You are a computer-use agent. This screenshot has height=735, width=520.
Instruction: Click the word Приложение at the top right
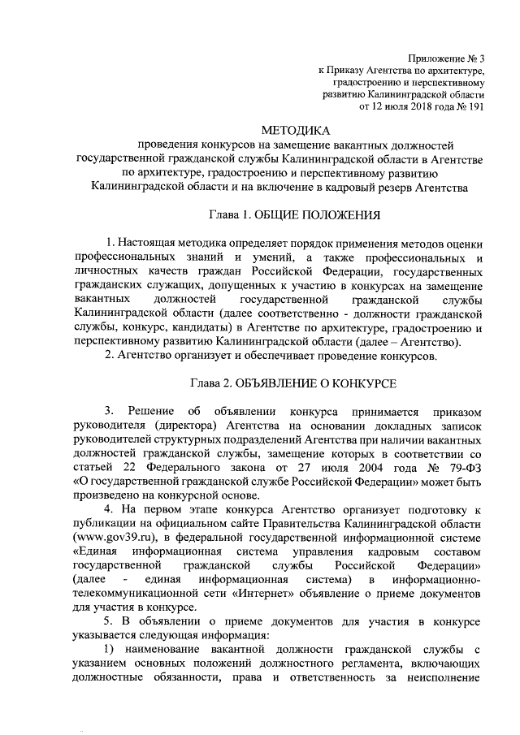coord(440,58)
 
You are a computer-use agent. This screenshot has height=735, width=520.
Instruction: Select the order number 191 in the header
coord(476,106)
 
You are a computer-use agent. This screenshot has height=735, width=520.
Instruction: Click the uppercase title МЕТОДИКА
coord(297,130)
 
